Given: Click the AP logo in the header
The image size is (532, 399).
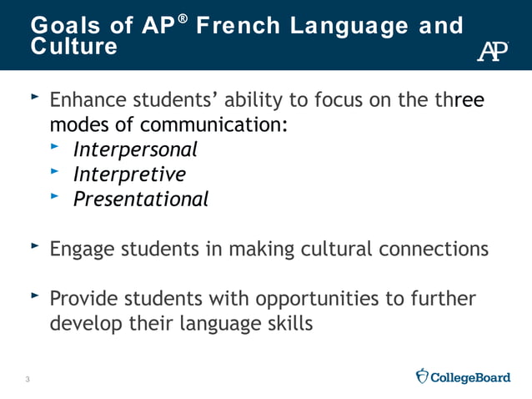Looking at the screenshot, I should pos(492,51).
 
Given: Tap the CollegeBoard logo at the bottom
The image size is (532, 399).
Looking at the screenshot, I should pos(463,377).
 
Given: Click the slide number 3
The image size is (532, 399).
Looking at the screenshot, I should pos(28,381).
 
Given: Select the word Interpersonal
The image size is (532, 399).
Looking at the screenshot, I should pos(135,150).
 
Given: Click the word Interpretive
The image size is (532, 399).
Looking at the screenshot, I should pos(129,174).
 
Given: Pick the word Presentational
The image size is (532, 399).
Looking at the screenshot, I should pos(141,199).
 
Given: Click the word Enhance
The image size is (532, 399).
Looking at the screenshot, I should pos(86,101).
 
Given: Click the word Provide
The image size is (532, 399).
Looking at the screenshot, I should pos(84,298).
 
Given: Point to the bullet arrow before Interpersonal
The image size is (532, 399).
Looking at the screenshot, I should pos(56,148).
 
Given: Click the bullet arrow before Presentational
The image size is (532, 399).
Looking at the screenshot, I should pos(56,197).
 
